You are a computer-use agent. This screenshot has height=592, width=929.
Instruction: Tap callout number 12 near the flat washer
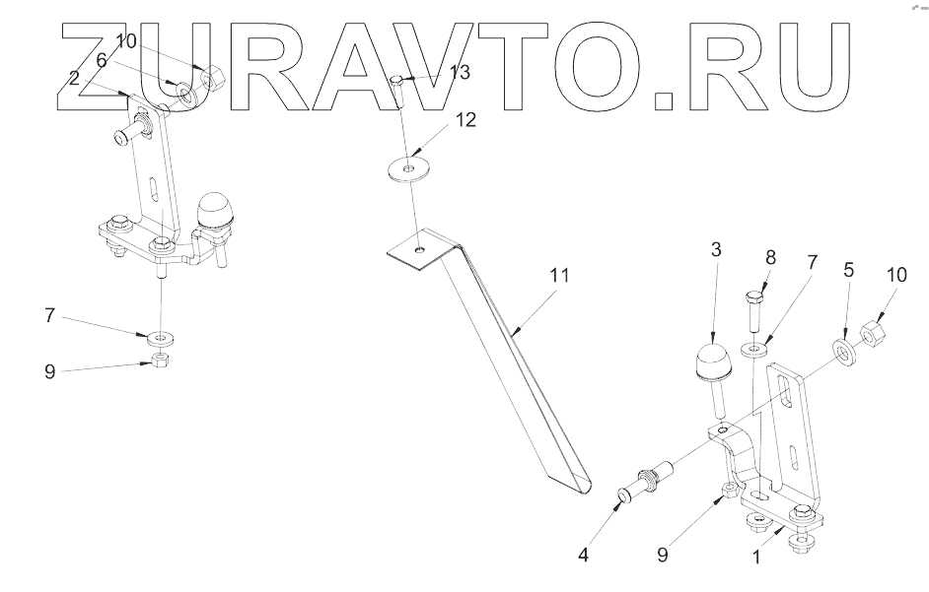464,120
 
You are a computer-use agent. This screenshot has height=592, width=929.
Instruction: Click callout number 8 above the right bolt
770,258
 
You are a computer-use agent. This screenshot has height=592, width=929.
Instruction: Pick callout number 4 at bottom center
583,554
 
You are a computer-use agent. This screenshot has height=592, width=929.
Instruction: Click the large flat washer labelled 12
407,168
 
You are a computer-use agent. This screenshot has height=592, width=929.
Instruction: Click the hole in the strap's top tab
419,251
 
